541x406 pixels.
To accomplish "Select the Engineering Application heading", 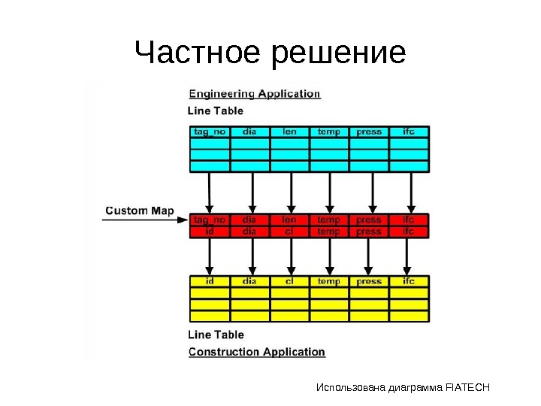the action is click(x=254, y=94).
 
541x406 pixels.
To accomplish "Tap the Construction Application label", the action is click(x=256, y=352).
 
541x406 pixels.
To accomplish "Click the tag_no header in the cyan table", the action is click(x=210, y=132).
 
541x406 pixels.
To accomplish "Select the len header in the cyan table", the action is click(x=289, y=132).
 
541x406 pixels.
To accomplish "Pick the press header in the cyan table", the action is click(x=369, y=132).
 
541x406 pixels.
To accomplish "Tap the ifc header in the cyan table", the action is click(x=409, y=132).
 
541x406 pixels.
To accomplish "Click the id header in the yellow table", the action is click(x=210, y=281).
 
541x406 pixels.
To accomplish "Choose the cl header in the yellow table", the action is click(x=289, y=281).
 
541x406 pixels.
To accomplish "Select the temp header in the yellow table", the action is click(x=329, y=281).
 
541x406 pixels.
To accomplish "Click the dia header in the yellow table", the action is click(x=249, y=281).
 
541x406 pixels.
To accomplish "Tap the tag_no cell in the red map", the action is click(x=210, y=220).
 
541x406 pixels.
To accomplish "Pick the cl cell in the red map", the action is click(x=289, y=232).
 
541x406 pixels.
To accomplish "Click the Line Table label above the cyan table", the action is click(x=216, y=111).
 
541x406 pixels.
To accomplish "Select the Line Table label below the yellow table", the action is click(x=216, y=335).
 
